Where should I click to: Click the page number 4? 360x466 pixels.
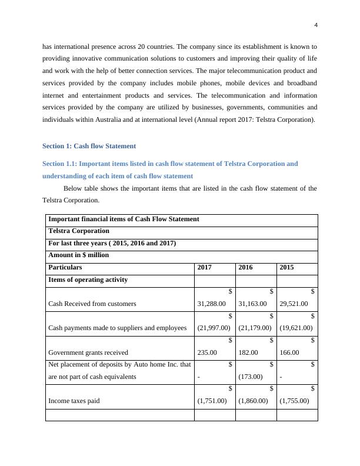pyautogui.click(x=316, y=25)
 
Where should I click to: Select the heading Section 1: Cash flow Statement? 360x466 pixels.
pyautogui.click(x=89, y=146)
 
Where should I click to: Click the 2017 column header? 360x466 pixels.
pyautogui.click(x=205, y=267)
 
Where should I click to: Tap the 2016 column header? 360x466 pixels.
pyautogui.click(x=246, y=267)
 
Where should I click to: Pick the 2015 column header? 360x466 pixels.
pyautogui.click(x=287, y=267)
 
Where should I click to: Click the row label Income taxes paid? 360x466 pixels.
pyautogui.click(x=74, y=401)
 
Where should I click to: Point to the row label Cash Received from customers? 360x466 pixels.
pyautogui.click(x=92, y=304)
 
